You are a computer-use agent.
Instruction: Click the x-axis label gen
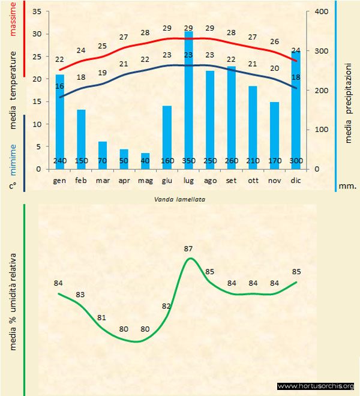59,180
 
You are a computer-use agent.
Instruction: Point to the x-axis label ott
253,180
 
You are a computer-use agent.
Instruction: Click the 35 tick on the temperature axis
37,12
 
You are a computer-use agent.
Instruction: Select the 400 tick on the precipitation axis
322,12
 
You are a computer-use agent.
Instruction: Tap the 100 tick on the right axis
322,130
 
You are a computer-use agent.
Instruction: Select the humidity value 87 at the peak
188,248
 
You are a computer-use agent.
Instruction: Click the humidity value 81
102,317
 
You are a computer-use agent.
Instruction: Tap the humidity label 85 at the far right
296,271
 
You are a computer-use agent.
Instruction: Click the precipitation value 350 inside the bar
188,161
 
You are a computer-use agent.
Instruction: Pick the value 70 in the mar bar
103,161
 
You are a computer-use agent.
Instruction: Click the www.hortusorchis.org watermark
316,386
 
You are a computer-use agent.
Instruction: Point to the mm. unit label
347,186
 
